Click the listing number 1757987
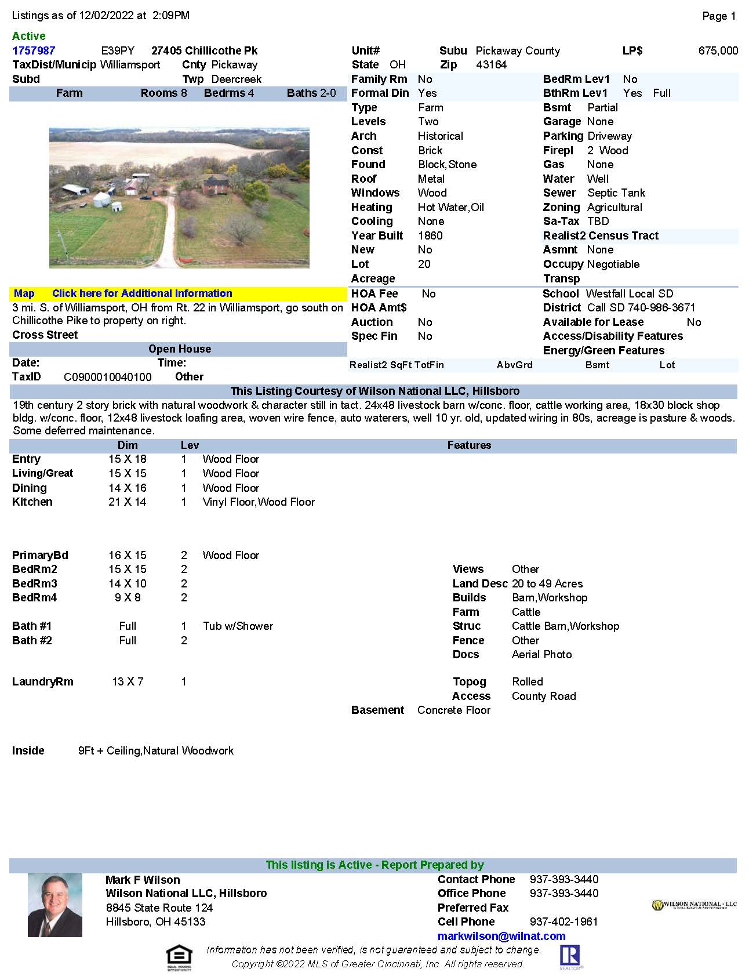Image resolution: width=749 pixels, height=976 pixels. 34,51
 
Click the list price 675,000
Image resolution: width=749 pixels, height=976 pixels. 718,51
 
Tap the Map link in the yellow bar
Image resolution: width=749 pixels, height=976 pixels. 24,293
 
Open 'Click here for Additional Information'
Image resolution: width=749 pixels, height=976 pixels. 142,293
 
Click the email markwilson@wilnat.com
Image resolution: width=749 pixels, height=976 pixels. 501,936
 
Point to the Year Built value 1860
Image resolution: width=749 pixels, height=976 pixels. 430,235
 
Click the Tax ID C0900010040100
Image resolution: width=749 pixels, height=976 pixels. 108,377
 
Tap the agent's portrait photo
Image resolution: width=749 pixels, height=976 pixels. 55,905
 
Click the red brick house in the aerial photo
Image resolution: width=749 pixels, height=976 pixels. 217,186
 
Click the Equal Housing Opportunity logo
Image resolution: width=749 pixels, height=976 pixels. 179,958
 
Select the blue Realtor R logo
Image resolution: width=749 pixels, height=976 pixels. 570,957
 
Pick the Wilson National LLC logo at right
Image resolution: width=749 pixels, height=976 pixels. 694,905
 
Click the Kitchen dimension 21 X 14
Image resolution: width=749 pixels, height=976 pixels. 128,502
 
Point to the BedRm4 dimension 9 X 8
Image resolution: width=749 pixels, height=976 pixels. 128,598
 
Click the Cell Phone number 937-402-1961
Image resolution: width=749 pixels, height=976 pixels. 564,921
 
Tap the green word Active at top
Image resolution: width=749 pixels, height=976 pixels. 28,36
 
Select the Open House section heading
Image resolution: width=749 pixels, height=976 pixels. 179,349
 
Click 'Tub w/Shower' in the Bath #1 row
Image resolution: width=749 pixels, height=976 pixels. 238,626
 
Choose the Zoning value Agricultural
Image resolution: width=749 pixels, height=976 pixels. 615,207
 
